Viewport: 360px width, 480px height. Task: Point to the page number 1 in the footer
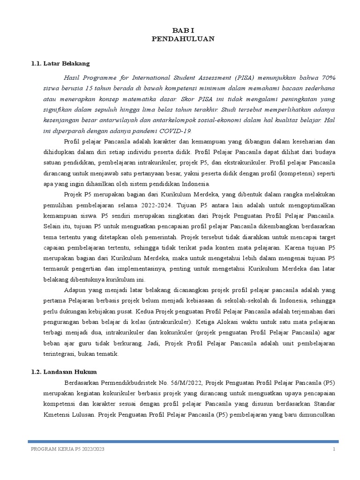click(334, 449)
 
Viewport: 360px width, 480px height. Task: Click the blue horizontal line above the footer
click(183, 441)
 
